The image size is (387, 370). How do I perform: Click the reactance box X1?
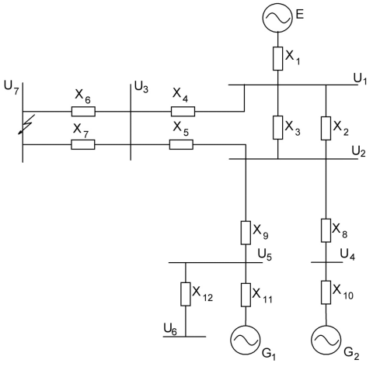tap(277, 58)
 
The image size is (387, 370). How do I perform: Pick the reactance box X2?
tap(326, 128)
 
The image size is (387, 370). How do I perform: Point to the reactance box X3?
tap(277, 128)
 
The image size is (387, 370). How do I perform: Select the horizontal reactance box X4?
tap(183, 112)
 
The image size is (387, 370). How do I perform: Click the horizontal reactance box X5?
tap(181, 144)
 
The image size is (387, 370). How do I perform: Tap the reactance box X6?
tap(83, 112)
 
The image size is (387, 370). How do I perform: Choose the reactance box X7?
tap(83, 144)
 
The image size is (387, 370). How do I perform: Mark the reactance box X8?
tap(326, 230)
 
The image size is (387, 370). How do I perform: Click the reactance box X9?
tap(246, 233)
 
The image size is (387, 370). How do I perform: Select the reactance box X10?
tap(326, 292)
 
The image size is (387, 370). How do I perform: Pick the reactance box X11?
tap(246, 295)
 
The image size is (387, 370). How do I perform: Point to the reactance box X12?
tap(186, 294)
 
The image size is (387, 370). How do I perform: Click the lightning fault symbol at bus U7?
tap(26, 125)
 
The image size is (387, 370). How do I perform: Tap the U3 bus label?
tap(141, 87)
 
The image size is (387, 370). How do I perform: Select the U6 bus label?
tap(170, 329)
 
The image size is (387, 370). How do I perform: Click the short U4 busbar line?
tap(326, 262)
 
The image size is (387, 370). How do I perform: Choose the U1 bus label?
tap(361, 78)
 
